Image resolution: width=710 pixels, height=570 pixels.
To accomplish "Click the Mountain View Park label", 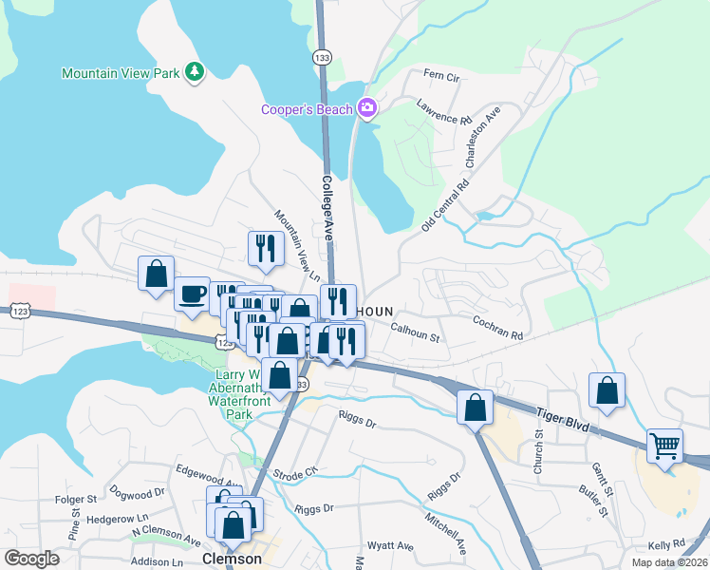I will [121, 73].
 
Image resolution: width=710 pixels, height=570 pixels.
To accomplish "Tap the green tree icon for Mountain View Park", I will [195, 72].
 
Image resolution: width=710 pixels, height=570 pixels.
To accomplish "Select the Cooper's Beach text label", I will [307, 110].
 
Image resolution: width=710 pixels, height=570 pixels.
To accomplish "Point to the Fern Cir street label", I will [440, 74].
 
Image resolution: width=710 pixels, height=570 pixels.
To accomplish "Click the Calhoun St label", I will [416, 332].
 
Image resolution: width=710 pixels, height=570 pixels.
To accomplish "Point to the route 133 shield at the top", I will [323, 56].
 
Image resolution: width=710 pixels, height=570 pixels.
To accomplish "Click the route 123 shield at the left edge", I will [21, 311].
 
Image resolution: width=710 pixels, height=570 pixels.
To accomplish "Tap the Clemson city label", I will [232, 560].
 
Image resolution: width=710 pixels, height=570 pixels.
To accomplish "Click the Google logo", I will [32, 559].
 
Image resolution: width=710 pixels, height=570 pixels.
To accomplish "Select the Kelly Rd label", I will [665, 544].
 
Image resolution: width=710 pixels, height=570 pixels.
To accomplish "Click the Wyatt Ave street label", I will [393, 546].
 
